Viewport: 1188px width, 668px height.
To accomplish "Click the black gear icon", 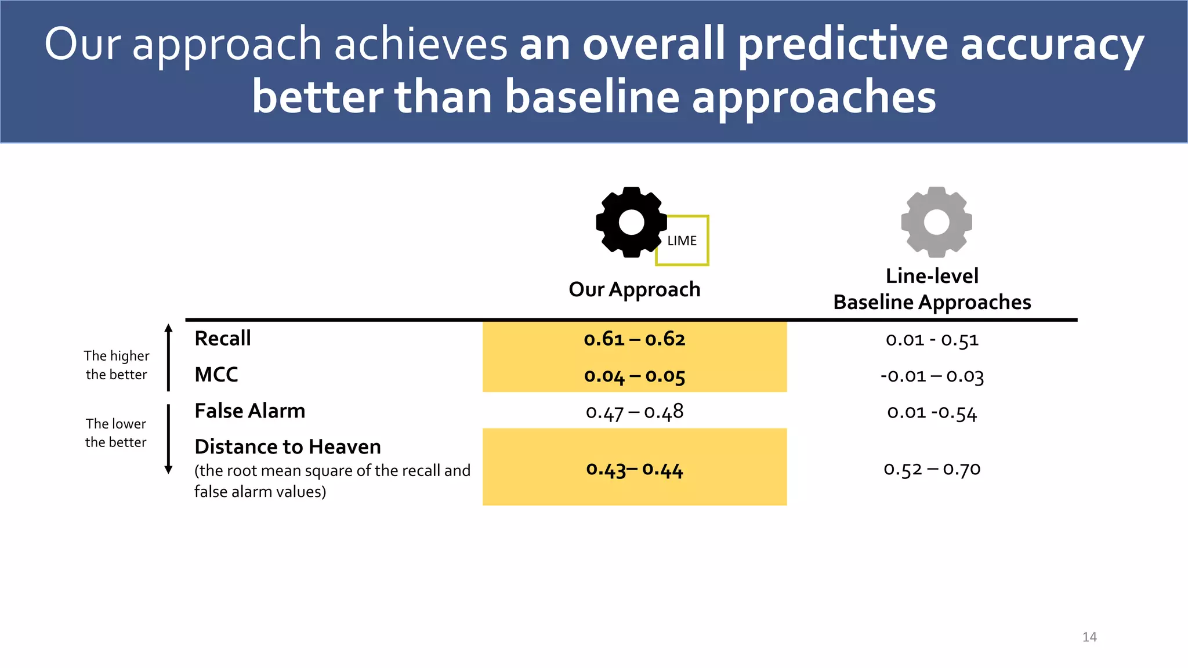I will click(630, 222).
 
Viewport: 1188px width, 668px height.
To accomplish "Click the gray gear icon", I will click(936, 222).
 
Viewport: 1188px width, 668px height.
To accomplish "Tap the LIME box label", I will click(682, 241).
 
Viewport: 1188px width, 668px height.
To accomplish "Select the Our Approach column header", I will click(635, 289).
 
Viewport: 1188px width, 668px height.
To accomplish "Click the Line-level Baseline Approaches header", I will click(932, 289).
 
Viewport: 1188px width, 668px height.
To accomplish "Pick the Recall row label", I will click(223, 339).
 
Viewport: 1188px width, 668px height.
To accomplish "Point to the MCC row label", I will click(216, 375).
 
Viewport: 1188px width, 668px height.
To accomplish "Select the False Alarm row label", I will click(249, 411).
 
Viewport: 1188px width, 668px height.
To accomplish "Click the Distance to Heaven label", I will click(288, 447).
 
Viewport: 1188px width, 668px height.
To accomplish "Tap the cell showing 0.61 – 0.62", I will click(635, 339).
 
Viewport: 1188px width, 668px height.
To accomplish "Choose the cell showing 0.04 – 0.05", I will click(635, 376).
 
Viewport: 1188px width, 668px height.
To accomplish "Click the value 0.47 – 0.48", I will click(635, 412).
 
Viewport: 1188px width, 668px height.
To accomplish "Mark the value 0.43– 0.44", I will click(635, 469).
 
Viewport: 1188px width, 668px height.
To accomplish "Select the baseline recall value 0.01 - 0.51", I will click(932, 340).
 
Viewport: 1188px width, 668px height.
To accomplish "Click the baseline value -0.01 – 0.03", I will click(932, 376).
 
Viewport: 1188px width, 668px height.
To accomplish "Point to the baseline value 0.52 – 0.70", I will click(932, 469).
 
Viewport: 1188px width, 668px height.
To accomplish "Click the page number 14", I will click(1089, 637).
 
